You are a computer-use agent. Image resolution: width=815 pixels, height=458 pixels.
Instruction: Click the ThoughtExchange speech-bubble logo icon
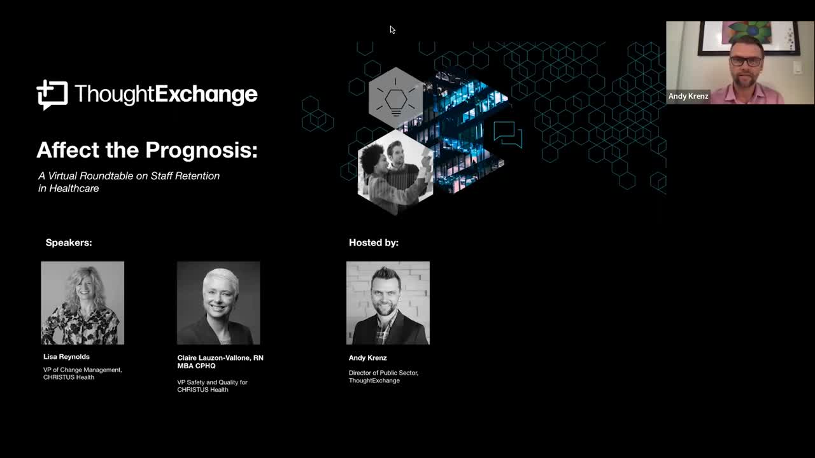click(x=52, y=95)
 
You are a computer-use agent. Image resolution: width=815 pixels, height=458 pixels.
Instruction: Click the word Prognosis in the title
click(x=202, y=150)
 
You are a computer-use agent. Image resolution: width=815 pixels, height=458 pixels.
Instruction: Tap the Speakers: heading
click(x=69, y=243)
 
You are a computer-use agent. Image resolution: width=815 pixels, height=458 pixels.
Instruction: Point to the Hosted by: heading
click(x=374, y=243)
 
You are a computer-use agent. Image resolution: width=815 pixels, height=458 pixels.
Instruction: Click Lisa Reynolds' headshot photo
click(x=83, y=303)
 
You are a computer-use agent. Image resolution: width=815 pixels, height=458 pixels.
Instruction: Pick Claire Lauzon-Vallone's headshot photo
click(x=218, y=303)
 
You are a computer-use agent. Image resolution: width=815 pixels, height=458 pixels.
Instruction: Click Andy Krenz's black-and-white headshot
click(x=388, y=303)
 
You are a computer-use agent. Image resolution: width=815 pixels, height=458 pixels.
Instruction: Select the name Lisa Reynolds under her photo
click(x=66, y=357)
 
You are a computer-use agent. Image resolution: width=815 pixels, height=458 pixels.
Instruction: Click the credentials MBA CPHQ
click(x=197, y=366)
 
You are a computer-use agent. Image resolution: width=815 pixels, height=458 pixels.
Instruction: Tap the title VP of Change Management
click(x=83, y=370)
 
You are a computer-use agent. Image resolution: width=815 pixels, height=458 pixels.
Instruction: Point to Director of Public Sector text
click(x=383, y=373)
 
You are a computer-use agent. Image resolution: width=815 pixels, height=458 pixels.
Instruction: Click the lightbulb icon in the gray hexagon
click(x=396, y=97)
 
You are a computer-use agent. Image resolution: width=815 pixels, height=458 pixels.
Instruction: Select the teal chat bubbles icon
click(x=508, y=134)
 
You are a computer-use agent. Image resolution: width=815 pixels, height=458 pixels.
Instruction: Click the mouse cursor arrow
click(x=392, y=30)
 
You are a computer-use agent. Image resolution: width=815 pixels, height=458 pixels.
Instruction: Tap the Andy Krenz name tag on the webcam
click(x=688, y=96)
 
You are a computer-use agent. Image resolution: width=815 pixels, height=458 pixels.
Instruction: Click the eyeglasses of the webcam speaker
click(x=746, y=61)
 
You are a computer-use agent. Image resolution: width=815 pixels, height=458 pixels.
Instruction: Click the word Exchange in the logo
click(x=207, y=95)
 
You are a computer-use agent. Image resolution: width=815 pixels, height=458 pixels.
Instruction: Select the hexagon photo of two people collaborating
click(x=395, y=172)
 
